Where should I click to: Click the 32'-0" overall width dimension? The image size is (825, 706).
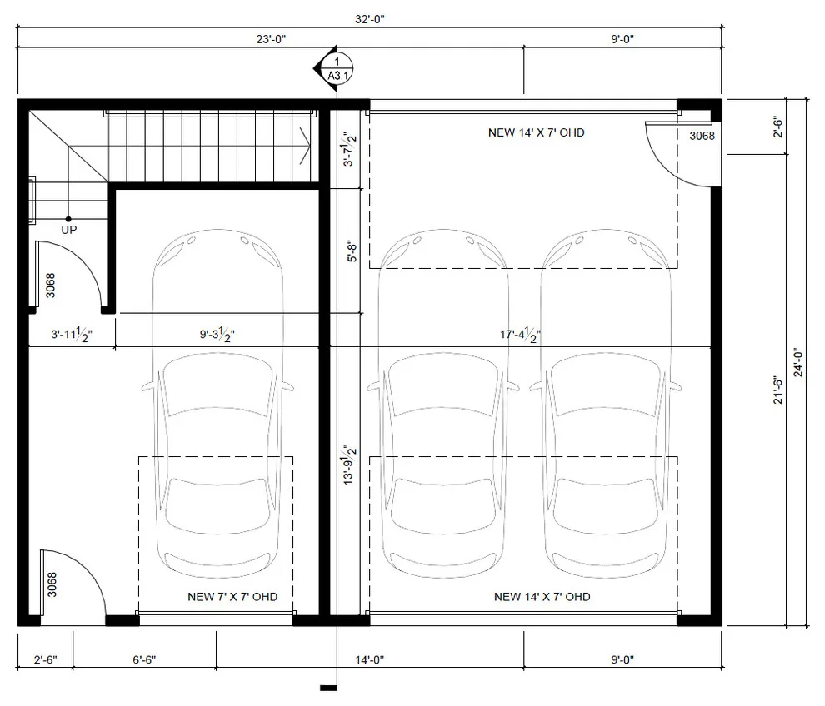point(370,19)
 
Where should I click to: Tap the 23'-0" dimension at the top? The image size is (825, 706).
point(271,39)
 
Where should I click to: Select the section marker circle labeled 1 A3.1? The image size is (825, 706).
point(337,69)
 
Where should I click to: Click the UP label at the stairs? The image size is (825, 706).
point(69,230)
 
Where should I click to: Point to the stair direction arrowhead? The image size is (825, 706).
point(304,146)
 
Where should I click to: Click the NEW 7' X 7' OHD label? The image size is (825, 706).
point(232,597)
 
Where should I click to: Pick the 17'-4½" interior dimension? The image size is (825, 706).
point(520,335)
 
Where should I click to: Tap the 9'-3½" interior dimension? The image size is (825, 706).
point(217,335)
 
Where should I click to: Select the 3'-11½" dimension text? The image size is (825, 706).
point(72,335)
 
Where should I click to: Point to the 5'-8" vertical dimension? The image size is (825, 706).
point(352,251)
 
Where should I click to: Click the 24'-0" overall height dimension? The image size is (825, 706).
point(798,362)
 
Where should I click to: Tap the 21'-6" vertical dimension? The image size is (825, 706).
point(778,390)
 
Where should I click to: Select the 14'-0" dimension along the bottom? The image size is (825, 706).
point(370,659)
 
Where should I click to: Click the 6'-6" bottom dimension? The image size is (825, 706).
point(144,659)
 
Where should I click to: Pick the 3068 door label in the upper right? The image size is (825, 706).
point(702,137)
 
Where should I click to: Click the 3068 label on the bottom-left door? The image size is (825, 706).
point(52,584)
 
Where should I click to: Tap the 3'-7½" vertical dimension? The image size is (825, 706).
point(350,149)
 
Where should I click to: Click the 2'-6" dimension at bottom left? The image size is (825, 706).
point(45,659)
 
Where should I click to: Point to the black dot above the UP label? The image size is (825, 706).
point(68,219)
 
